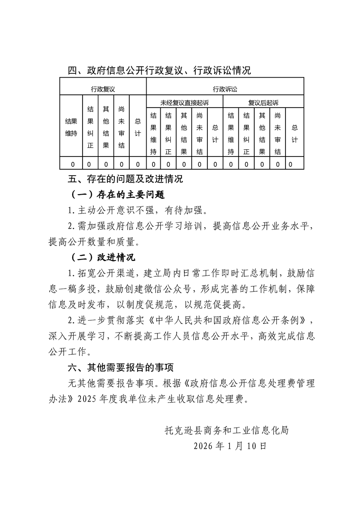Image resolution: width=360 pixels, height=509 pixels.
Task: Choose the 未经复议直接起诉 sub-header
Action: (185, 103)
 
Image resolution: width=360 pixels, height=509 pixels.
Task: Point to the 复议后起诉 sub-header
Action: (263, 103)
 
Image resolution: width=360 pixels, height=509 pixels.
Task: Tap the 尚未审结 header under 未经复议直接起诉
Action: (199, 134)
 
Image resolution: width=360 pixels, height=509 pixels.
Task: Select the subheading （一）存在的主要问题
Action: (118, 195)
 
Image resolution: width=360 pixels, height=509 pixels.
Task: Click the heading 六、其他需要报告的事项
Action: (121, 367)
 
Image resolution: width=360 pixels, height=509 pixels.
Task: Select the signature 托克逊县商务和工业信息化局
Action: (227, 430)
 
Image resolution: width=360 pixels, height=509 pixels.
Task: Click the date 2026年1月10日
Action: (230, 445)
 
